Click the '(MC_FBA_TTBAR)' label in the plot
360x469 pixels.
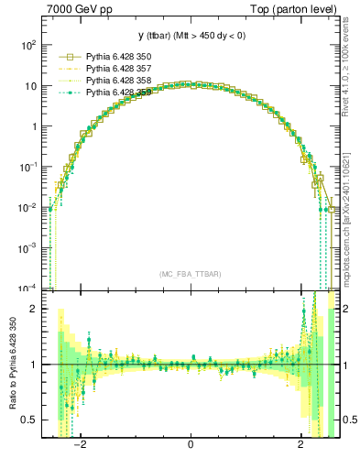click(191, 273)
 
